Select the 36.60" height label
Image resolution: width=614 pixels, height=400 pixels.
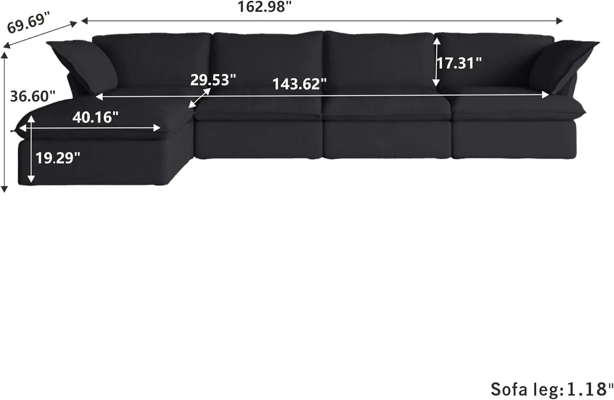pyautogui.click(x=33, y=96)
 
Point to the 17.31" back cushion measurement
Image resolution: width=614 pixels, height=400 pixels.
pyautogui.click(x=459, y=63)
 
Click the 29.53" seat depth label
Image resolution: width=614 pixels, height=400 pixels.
pyautogui.click(x=213, y=80)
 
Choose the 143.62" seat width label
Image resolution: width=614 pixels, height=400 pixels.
pyautogui.click(x=300, y=84)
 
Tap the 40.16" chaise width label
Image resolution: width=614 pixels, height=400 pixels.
pyautogui.click(x=95, y=117)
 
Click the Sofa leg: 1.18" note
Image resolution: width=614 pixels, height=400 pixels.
pyautogui.click(x=552, y=389)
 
